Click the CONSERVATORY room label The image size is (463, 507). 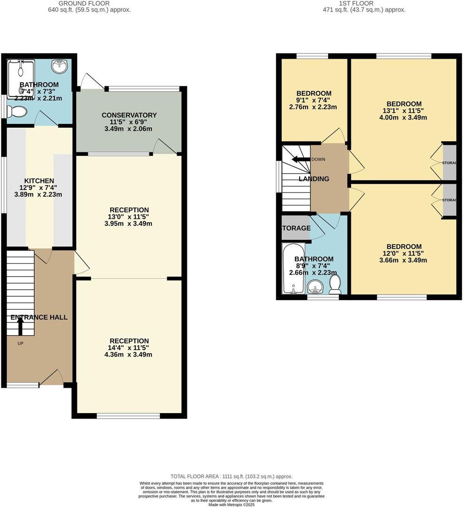point(129,115)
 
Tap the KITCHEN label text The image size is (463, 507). point(39,181)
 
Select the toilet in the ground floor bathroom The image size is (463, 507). point(18,112)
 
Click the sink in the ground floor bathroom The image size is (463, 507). point(59,67)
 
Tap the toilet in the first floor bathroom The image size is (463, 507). point(335,284)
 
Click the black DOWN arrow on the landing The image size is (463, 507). point(300,159)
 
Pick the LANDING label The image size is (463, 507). point(314,179)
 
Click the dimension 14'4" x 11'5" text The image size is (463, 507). point(129,348)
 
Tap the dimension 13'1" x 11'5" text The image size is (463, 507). point(404,111)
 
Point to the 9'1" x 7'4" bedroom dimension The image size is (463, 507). point(313,100)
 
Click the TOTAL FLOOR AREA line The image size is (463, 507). point(231,476)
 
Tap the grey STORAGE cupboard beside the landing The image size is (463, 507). point(296,228)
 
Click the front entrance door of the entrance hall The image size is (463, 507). point(52,378)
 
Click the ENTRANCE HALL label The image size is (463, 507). point(39,317)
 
